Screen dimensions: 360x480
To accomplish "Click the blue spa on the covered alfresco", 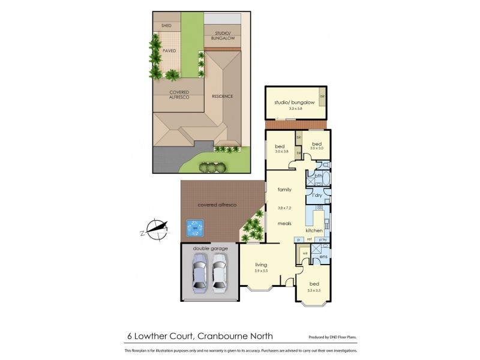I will click(193, 227).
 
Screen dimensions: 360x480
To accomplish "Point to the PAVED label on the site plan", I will click(169, 51).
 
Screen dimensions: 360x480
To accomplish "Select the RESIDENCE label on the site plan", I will click(222, 96).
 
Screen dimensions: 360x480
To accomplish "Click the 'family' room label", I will click(284, 190).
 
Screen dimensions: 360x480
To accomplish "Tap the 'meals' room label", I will click(284, 223).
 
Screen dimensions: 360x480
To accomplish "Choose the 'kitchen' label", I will click(314, 230).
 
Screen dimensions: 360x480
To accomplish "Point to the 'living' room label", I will click(260, 265).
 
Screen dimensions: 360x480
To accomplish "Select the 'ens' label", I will click(322, 257).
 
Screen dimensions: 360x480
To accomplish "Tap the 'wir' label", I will click(305, 253).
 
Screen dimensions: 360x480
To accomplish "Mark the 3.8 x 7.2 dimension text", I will click(284, 208).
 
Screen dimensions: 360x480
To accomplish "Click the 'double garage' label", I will click(208, 248).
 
